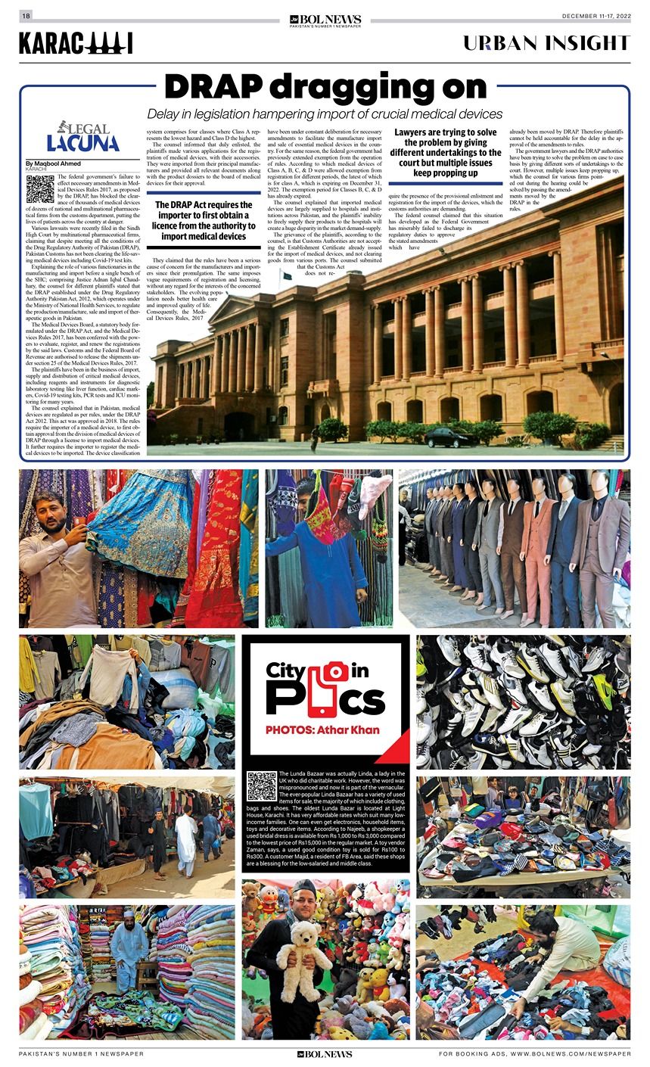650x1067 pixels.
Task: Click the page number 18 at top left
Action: tap(26, 16)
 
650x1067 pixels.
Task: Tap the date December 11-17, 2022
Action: tap(596, 16)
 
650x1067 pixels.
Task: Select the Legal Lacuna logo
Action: tap(83, 137)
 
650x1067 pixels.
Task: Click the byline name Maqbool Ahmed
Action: tap(55, 163)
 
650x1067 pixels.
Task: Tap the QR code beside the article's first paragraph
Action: tap(40, 188)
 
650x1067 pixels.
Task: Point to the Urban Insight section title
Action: tap(546, 43)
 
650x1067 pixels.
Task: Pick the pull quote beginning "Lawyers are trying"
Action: tap(446, 153)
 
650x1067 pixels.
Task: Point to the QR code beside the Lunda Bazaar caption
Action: tap(262, 785)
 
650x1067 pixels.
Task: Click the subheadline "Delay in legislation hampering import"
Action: tap(325, 114)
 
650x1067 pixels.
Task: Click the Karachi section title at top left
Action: tap(76, 44)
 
